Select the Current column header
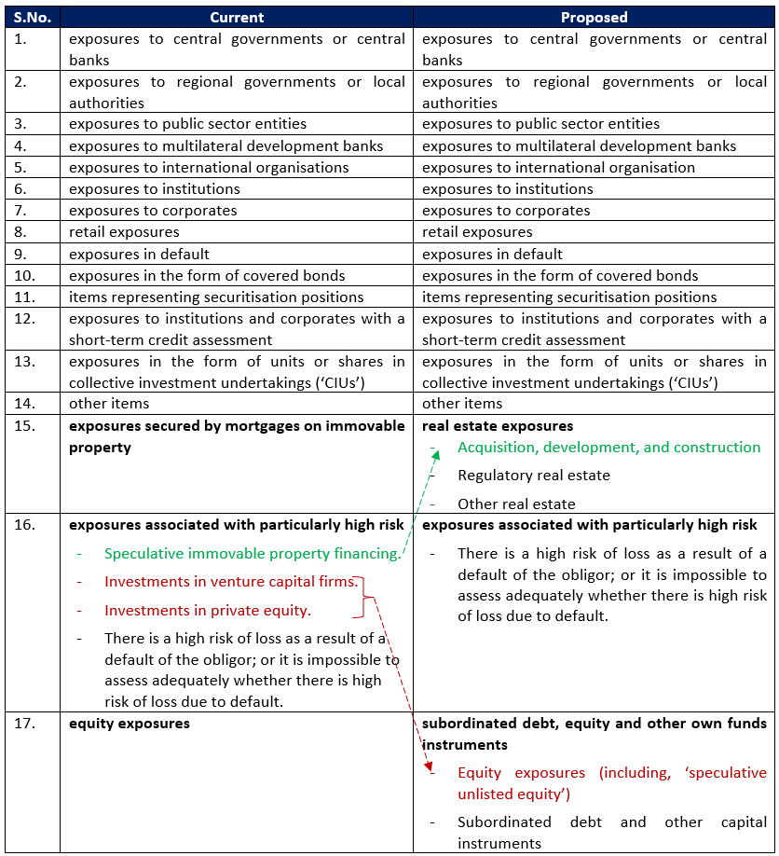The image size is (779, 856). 237,17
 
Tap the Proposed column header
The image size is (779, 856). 594,17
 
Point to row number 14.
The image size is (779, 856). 24,404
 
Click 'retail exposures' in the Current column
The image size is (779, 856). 124,231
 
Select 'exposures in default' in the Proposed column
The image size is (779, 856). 492,254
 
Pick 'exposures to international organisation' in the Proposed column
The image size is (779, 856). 558,168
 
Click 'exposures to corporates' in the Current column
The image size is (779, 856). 153,211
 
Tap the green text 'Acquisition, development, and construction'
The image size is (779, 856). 608,448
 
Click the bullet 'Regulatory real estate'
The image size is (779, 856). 533,476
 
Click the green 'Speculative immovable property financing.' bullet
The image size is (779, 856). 253,554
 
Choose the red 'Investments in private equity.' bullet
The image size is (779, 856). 208,611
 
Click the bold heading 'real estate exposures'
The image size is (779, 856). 498,426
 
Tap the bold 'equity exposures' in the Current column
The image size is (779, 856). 129,724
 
